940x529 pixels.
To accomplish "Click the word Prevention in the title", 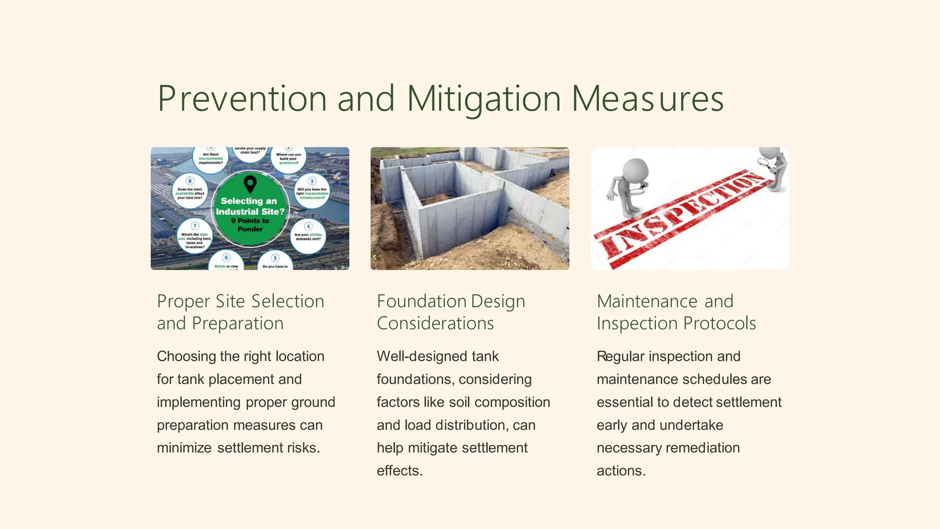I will [242, 99].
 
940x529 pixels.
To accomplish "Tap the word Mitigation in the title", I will [484, 99].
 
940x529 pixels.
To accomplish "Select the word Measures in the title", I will [648, 99].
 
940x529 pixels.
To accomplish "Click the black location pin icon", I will [250, 184].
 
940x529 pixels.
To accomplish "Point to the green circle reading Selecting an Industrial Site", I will [250, 209].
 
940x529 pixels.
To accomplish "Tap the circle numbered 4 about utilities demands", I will [308, 236].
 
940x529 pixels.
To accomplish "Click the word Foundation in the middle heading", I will [415, 301].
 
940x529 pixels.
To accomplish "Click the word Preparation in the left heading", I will [237, 323].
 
